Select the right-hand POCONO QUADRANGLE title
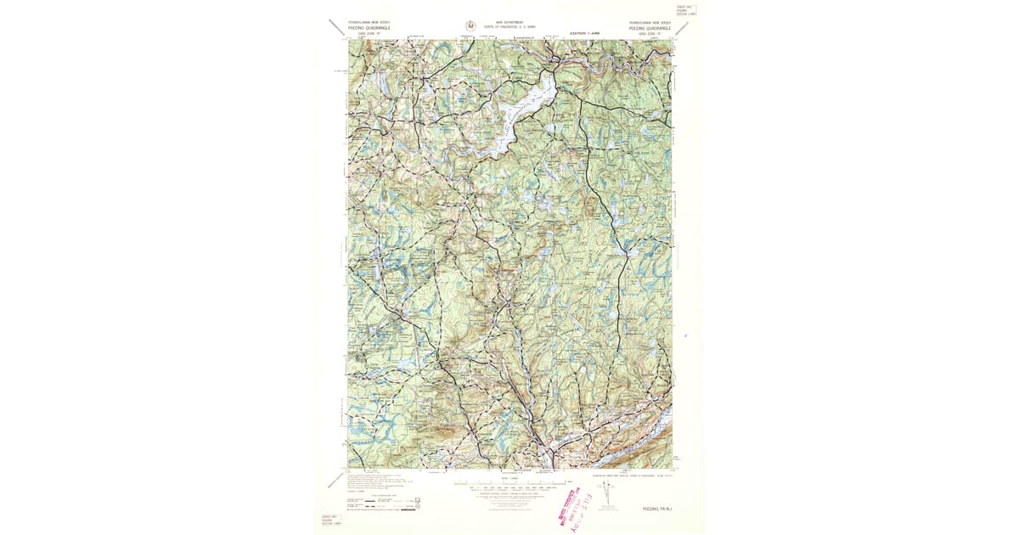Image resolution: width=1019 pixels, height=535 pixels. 650,28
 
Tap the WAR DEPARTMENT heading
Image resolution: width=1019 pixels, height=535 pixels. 509,22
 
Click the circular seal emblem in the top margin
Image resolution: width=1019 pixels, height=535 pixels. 471,26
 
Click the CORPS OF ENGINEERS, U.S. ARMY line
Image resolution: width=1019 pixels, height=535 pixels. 509,27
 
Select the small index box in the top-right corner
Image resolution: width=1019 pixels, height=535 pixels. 685,12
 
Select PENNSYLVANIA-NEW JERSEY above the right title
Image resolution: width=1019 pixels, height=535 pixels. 650,23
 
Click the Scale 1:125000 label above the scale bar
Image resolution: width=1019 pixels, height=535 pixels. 509,479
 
